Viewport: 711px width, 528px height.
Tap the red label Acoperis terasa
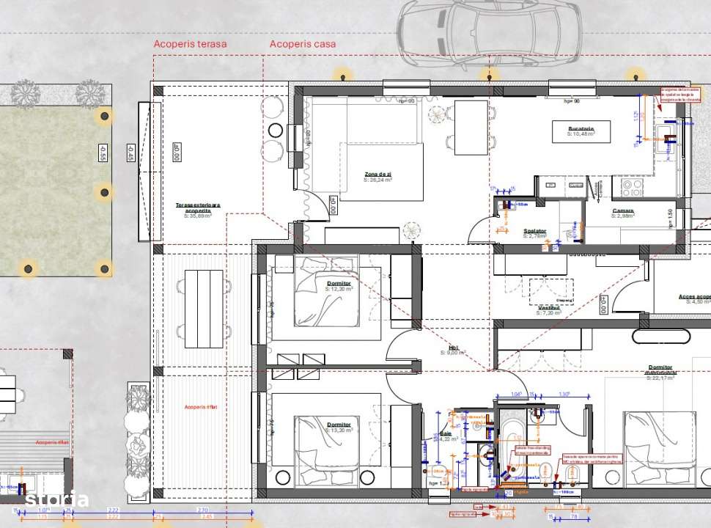click(190, 44)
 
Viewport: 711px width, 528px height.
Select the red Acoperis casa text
click(303, 44)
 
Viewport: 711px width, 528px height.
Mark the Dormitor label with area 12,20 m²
click(338, 285)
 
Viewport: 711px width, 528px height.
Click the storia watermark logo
click(57, 500)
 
